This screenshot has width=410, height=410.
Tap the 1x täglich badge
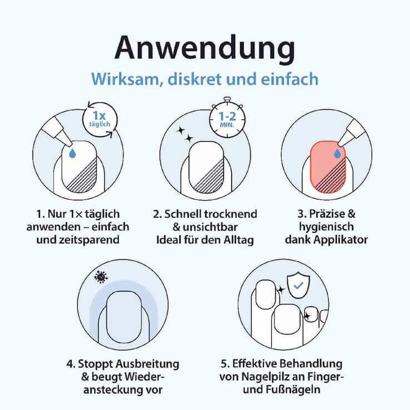[100, 119]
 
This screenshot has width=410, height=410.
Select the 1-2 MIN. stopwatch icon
[227, 118]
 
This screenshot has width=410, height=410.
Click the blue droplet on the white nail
[73, 153]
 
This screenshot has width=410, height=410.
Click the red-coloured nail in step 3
[328, 167]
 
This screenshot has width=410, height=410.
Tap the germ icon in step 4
[101, 277]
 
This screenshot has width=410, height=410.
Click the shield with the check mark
[298, 286]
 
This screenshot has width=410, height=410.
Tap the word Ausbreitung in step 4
[148, 364]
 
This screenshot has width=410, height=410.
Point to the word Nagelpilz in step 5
[265, 377]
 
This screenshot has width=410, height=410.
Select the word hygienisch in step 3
[327, 227]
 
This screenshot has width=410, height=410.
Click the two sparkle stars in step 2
[185, 134]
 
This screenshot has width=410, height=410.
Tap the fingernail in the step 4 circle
[124, 317]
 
